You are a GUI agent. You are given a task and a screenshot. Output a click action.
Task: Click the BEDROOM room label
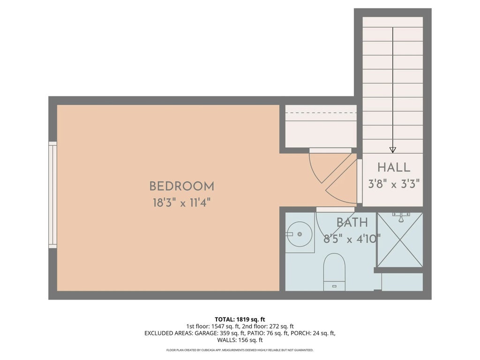[x=181, y=186]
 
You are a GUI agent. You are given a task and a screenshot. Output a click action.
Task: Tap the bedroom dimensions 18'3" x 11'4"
[x=181, y=202]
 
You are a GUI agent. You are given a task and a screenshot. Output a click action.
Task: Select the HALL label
[x=394, y=167]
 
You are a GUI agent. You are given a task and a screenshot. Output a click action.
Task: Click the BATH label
[x=352, y=223]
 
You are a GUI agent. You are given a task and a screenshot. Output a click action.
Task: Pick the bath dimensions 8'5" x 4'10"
[x=352, y=239]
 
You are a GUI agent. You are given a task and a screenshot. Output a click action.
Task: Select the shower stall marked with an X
[x=400, y=240]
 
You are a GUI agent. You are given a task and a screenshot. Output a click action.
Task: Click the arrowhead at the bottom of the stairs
[x=393, y=150]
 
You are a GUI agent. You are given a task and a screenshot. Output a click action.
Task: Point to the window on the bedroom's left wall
[x=52, y=195]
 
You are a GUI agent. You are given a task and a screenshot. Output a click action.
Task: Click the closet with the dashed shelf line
[x=321, y=126]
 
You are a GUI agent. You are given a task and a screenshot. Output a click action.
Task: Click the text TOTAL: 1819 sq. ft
[x=240, y=319]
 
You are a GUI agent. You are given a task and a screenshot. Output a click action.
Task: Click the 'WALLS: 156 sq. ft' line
[x=240, y=340]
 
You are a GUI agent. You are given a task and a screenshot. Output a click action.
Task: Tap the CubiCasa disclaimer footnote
[x=240, y=350]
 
